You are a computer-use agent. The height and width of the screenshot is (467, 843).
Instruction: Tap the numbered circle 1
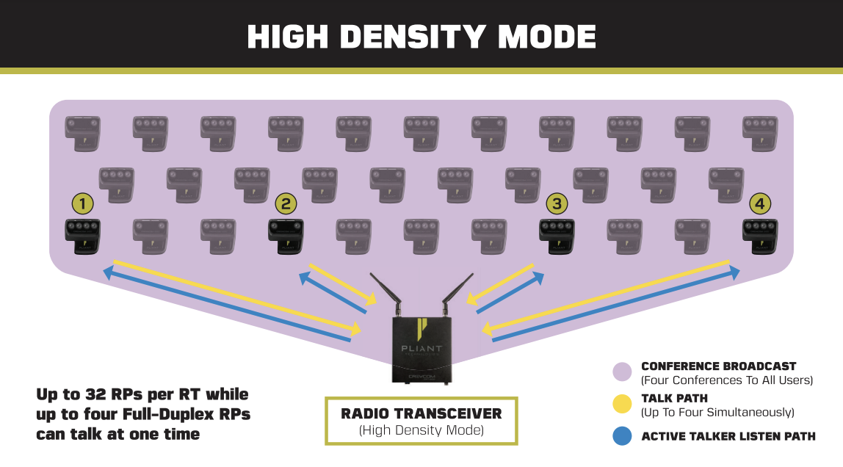(x=82, y=203)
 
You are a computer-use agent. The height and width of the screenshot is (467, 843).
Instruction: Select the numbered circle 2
(x=286, y=203)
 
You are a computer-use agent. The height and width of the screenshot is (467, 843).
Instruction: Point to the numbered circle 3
(x=557, y=203)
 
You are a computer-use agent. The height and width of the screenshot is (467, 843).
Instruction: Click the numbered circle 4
(x=760, y=203)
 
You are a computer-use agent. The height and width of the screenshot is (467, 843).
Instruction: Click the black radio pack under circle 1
(x=82, y=236)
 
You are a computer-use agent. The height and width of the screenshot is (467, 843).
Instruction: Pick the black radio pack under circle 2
(x=286, y=236)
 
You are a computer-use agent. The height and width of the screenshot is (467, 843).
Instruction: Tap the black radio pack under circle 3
(x=557, y=236)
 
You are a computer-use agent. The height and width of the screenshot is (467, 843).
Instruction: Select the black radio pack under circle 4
(x=760, y=236)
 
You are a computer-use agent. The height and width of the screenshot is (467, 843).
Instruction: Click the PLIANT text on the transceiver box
(x=421, y=349)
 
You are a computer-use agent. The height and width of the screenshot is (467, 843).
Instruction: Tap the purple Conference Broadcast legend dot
(x=622, y=372)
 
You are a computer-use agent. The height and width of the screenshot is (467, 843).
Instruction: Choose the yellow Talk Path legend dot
(x=622, y=404)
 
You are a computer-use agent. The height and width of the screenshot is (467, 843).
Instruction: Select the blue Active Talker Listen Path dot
(x=622, y=436)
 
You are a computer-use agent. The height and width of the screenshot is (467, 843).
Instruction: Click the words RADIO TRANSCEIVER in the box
(x=421, y=414)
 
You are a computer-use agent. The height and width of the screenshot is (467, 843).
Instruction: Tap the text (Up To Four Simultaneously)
(x=717, y=412)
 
